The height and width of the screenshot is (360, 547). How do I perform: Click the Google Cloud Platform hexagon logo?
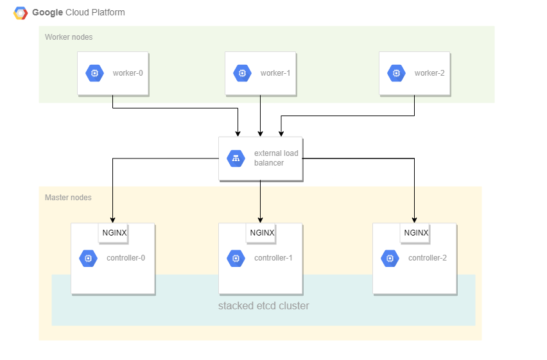pos(21,13)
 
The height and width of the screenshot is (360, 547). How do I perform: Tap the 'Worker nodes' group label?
pos(69,37)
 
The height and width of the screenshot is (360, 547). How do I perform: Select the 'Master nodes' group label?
pos(68,198)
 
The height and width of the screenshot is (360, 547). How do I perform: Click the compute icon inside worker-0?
pos(94,73)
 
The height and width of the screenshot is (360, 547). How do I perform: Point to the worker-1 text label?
pos(275,73)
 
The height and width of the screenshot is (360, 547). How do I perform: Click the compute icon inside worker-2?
pos(396,73)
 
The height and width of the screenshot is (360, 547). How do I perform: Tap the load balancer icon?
pos(236,159)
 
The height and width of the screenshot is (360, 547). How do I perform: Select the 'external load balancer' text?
pos(276,158)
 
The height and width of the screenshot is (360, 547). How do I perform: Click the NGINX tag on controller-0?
pos(114,233)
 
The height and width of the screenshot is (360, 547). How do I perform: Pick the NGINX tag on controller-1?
pos(262,233)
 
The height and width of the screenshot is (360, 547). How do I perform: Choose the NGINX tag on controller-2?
pos(416,233)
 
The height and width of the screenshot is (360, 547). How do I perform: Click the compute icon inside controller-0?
pos(88,258)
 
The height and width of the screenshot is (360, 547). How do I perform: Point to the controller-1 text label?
pos(273,258)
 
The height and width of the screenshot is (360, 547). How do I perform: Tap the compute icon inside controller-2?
pos(390,258)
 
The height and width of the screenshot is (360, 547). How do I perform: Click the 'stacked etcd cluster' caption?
pos(263,306)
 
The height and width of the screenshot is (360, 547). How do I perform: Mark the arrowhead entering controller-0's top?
pos(113,219)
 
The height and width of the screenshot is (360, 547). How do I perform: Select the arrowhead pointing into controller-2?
pos(414,219)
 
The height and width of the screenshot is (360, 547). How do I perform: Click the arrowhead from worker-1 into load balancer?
pos(260,133)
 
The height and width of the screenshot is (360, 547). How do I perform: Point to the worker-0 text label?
pos(128,73)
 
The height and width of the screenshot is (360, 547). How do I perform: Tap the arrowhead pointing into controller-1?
pos(260,219)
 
